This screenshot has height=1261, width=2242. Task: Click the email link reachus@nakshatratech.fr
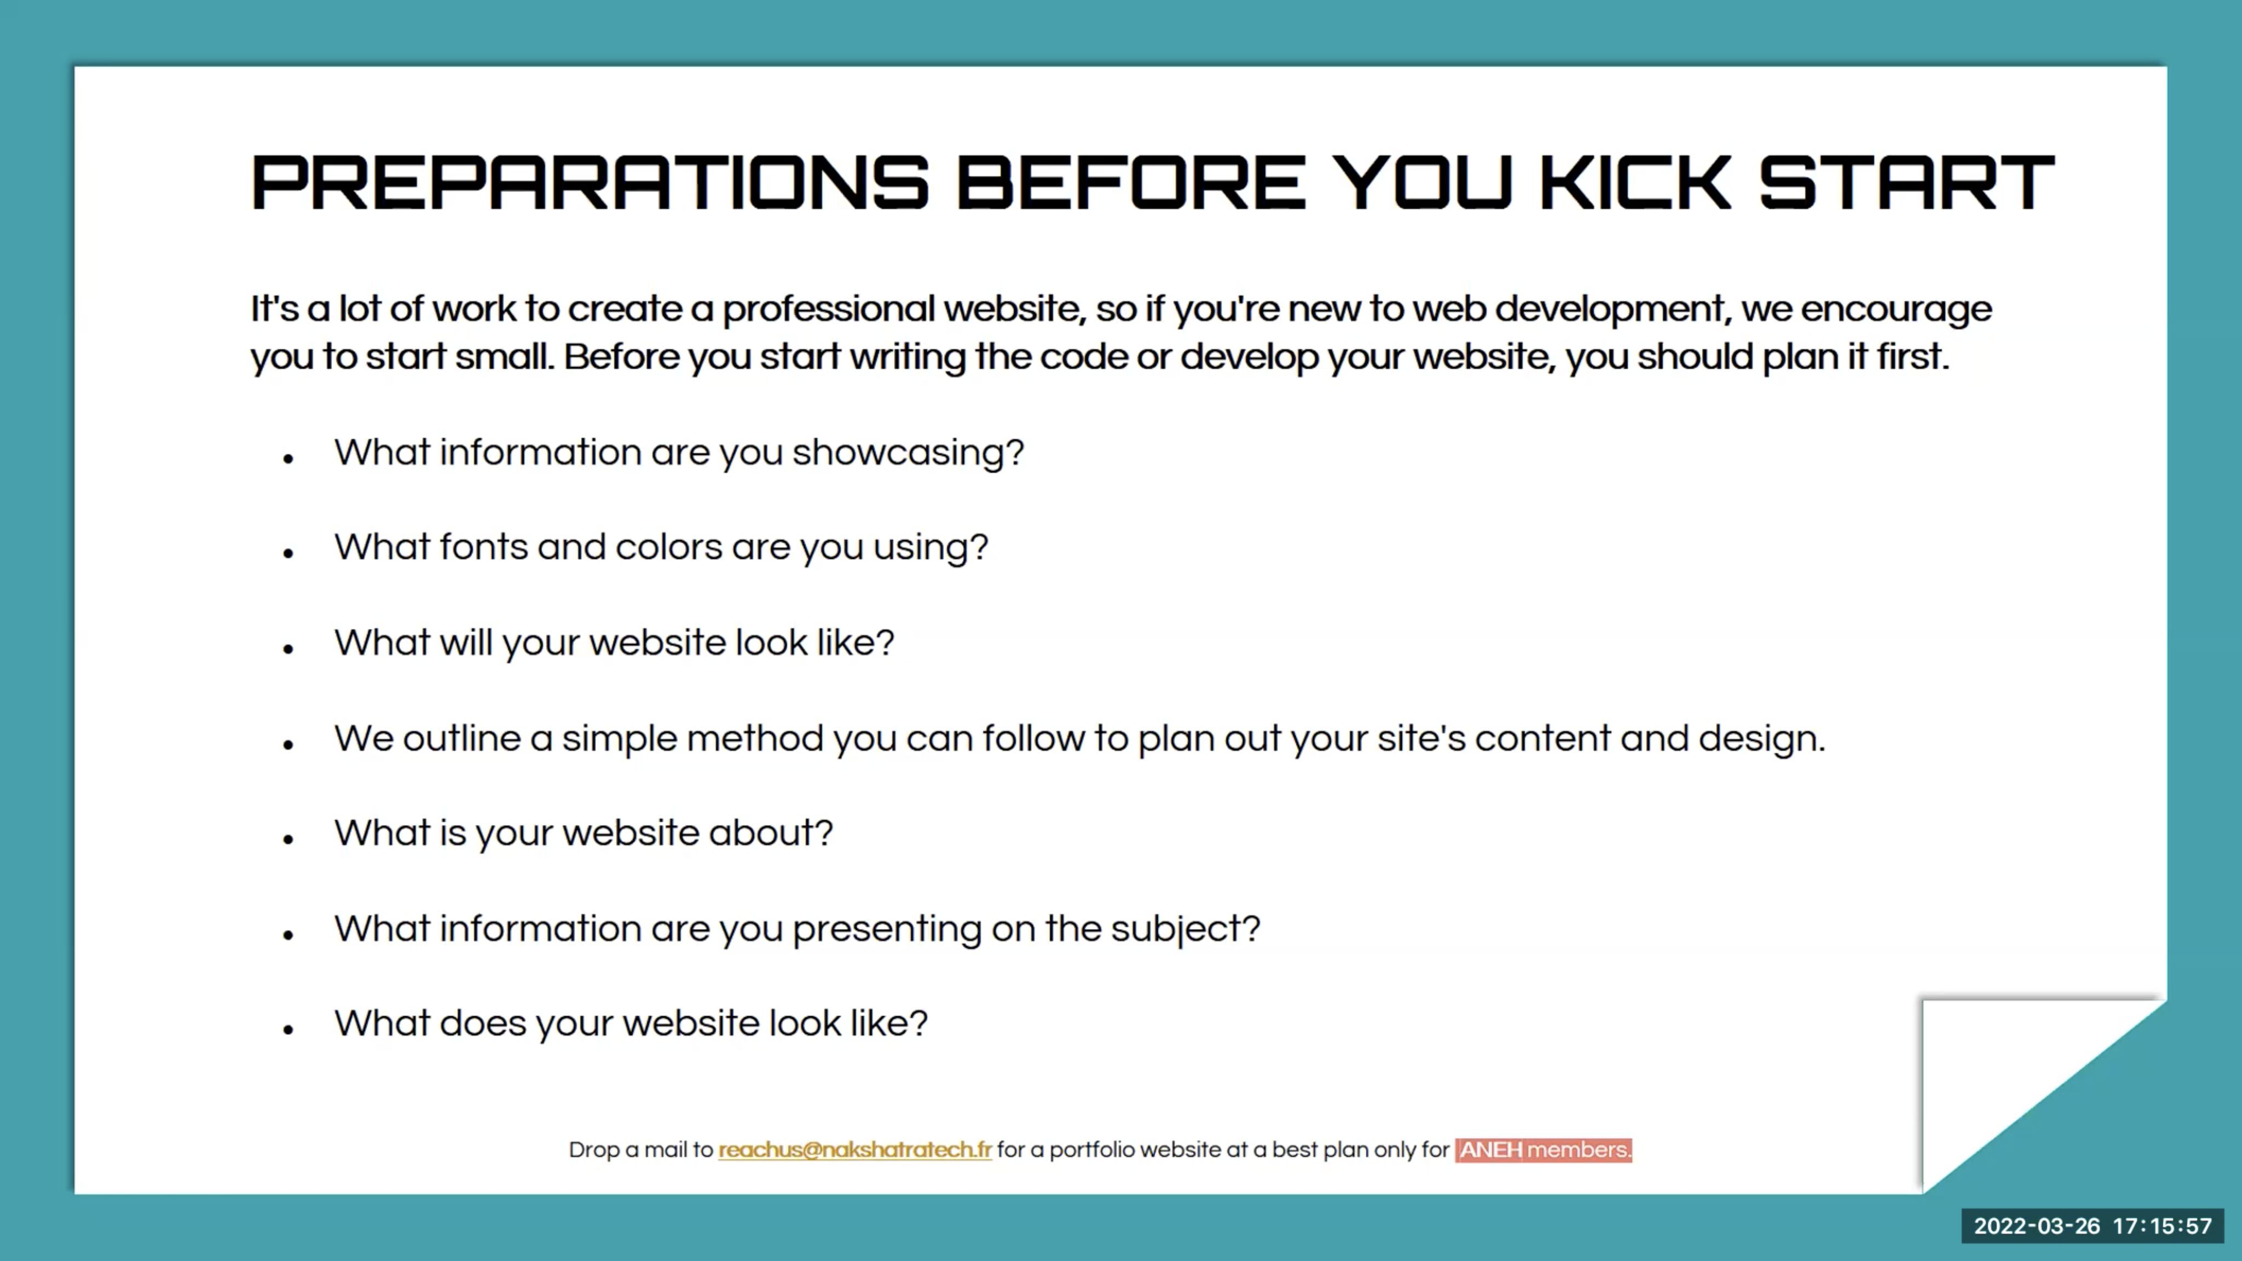[854, 1149]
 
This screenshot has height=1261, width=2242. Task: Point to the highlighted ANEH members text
[1543, 1149]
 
